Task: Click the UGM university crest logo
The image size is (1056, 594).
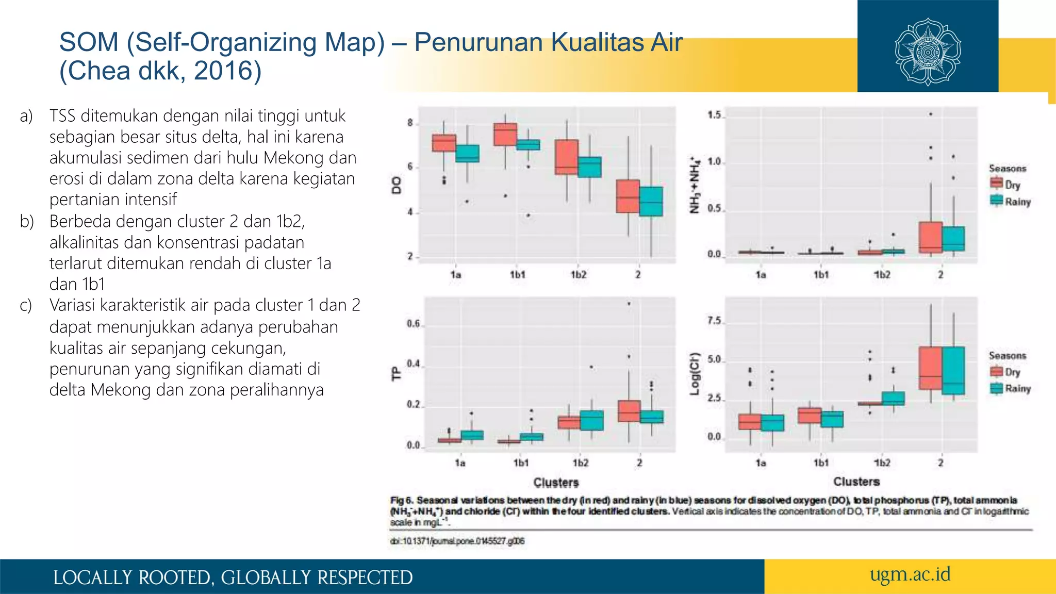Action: coord(928,52)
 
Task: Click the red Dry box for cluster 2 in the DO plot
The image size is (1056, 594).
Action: coord(628,196)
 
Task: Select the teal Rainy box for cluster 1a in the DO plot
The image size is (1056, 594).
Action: coord(467,154)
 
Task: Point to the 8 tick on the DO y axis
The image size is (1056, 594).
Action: coord(410,123)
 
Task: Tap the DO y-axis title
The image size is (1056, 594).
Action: coord(396,185)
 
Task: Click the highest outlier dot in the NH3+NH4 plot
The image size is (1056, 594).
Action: coord(931,114)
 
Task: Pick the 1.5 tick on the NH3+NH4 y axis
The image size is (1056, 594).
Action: coord(714,115)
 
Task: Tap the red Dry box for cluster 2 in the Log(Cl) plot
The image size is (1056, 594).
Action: coord(930,368)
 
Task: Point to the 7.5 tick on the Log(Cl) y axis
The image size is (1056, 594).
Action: coord(714,321)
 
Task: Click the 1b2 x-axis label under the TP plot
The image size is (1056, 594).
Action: coord(580,463)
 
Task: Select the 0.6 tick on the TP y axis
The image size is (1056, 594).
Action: coord(414,324)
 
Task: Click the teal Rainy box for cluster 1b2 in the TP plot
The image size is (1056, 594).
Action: coord(591,420)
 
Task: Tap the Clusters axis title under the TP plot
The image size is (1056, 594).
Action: coord(556,483)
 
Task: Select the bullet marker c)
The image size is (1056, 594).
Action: coord(26,305)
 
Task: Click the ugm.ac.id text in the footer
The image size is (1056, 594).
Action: coord(910,574)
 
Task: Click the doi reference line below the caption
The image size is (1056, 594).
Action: coord(457,541)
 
